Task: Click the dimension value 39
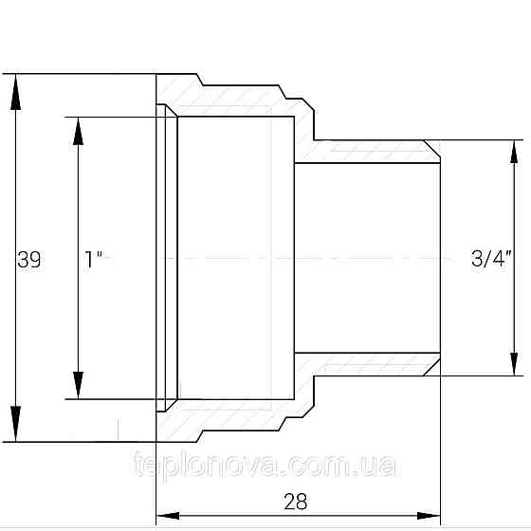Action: (x=28, y=260)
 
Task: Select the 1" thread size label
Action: (x=94, y=260)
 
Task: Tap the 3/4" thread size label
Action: (x=491, y=258)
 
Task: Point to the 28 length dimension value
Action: (x=295, y=502)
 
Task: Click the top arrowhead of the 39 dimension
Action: (x=15, y=92)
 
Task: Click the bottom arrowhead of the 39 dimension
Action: (x=15, y=424)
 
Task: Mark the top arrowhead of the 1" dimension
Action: (x=78, y=132)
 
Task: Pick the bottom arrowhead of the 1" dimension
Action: (x=78, y=385)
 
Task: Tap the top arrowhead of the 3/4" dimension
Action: (x=514, y=152)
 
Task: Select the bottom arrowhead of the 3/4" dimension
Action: (x=514, y=364)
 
